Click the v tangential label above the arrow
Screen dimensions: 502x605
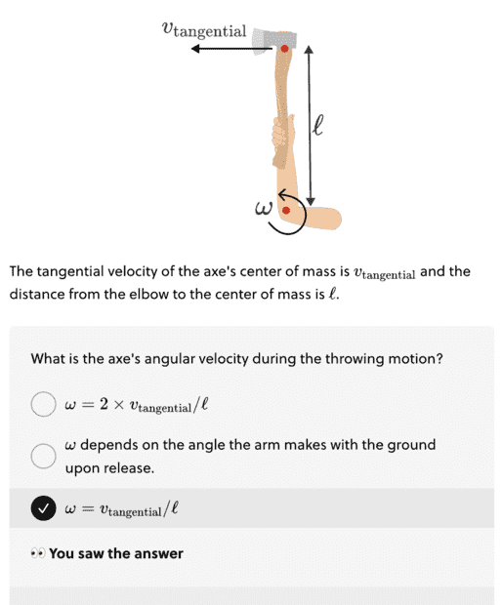(204, 30)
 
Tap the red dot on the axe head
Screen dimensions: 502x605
(284, 49)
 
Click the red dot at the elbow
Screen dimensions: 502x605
(286, 210)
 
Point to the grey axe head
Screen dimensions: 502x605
(273, 42)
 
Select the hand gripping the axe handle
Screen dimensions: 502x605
(283, 141)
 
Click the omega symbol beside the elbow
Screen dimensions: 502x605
(264, 209)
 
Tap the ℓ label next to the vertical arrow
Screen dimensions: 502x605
(317, 125)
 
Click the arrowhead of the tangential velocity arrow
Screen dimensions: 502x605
(195, 49)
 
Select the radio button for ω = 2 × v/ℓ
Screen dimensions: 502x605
(43, 404)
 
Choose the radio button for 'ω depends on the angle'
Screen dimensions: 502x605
(43, 456)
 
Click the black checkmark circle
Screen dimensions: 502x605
(43, 508)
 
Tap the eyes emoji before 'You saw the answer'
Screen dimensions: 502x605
(38, 553)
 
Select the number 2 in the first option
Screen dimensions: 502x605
(104, 404)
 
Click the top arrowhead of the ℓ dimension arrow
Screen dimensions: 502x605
(309, 50)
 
